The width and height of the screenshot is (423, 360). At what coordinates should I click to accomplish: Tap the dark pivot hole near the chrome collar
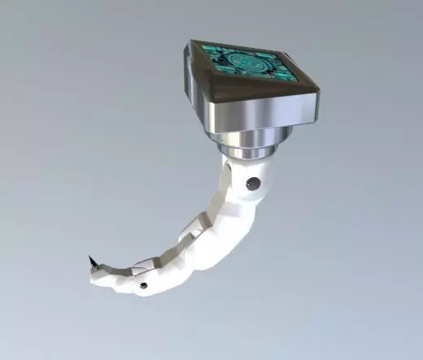255,184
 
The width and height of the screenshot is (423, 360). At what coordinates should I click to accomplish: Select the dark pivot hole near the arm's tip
143,286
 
